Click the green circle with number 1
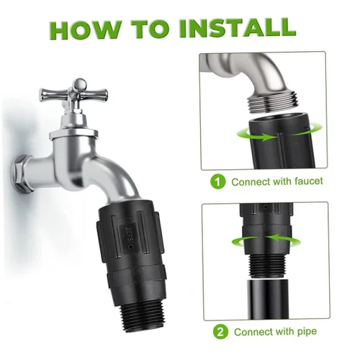218,182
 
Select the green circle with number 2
220,332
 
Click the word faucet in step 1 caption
305,181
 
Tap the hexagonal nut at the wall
22,174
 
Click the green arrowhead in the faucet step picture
268,138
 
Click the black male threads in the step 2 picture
266,266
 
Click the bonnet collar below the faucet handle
73,135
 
